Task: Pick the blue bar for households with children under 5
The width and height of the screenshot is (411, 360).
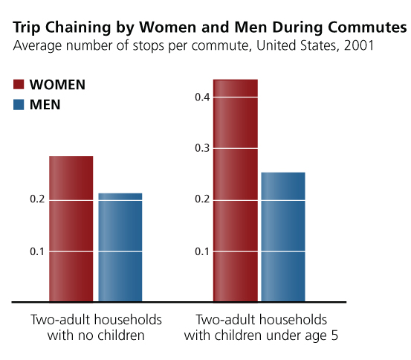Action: (x=283, y=237)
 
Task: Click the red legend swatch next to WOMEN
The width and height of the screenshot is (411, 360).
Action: (x=19, y=85)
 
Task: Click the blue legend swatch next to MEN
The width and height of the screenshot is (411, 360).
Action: (x=19, y=105)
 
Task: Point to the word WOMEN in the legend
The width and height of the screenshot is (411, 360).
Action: (x=57, y=85)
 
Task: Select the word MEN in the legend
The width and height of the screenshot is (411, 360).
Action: (x=45, y=105)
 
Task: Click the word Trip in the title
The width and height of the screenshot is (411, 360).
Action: (x=25, y=28)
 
